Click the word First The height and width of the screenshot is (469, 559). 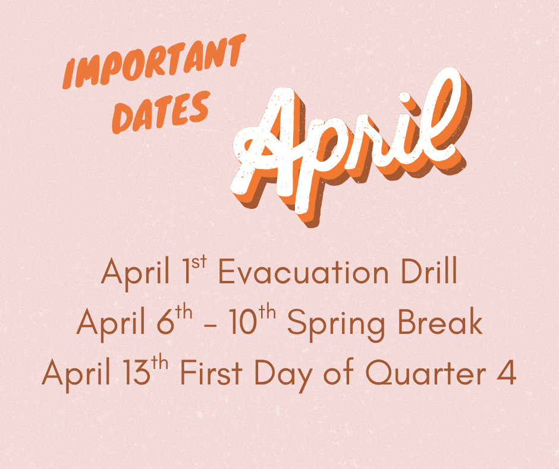[209, 374]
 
